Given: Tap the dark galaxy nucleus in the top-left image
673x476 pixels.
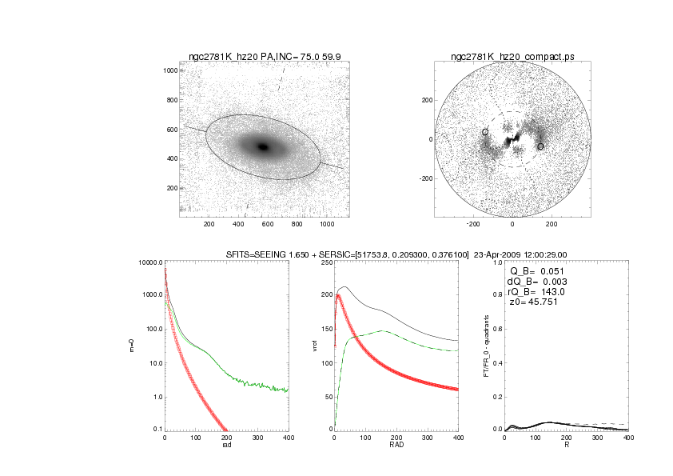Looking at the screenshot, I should click(263, 146).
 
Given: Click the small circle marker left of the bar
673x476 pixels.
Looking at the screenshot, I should click(484, 132).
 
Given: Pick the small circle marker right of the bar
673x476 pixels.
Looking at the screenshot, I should click(540, 146).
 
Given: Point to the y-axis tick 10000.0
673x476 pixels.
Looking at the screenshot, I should click(149, 262).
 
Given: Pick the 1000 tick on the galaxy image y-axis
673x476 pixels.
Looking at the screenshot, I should click(169, 70).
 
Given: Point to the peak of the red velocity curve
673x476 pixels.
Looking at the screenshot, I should click(338, 295).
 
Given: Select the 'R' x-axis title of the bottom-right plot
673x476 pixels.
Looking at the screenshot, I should click(566, 446).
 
